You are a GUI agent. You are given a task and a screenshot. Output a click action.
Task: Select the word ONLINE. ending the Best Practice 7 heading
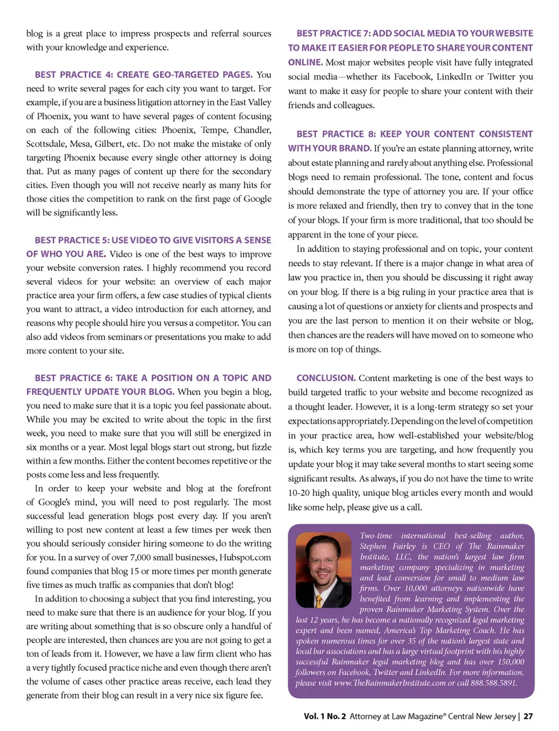(305, 62)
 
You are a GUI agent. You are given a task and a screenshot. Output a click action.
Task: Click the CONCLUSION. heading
(326, 378)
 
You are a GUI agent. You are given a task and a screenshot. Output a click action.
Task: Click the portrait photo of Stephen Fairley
(323, 570)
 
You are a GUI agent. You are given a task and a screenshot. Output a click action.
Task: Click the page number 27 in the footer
(528, 716)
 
